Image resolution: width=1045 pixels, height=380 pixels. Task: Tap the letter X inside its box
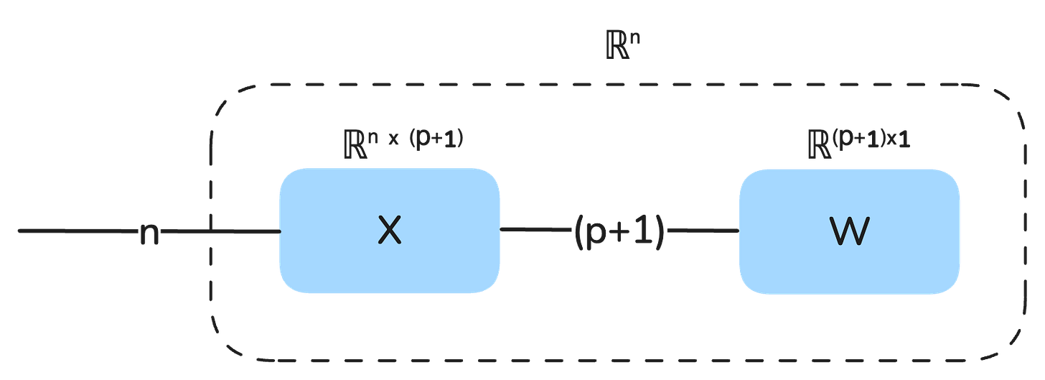pyautogui.click(x=389, y=231)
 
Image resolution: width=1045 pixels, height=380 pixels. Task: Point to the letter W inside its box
pyautogui.click(x=850, y=231)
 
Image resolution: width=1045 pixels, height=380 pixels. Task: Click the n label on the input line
pyautogui.click(x=149, y=233)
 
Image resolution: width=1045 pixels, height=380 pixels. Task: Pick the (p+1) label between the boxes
pyautogui.click(x=619, y=232)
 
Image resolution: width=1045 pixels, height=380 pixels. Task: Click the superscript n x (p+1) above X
pyautogui.click(x=417, y=139)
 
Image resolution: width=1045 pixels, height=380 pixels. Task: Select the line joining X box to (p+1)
pyautogui.click(x=535, y=229)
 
